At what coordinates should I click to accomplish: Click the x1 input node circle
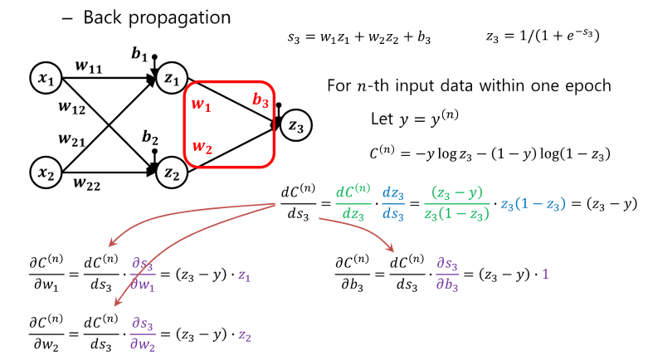tap(44, 79)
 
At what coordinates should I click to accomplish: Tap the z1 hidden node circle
tap(172, 78)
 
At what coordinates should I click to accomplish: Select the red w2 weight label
tap(202, 148)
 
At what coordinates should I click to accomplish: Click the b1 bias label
tap(139, 55)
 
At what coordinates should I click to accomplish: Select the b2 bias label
tap(150, 136)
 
